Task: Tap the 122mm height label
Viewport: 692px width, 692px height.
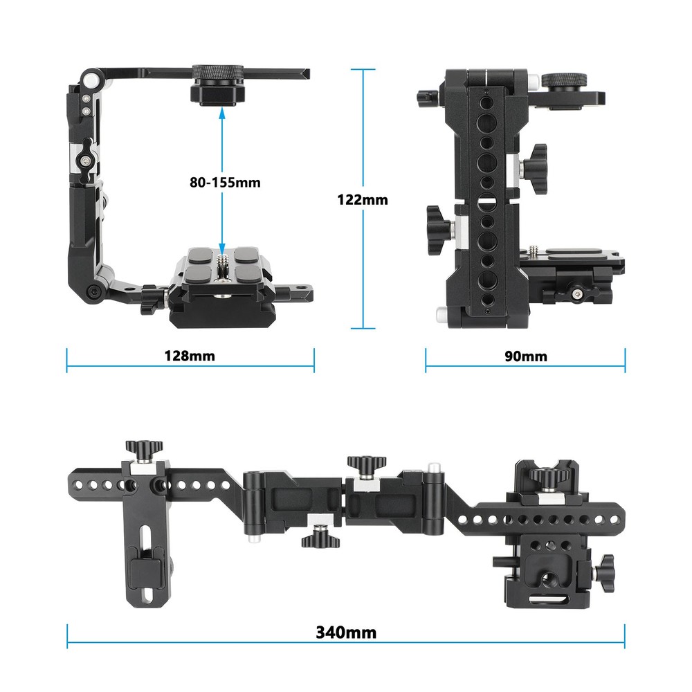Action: pyautogui.click(x=363, y=200)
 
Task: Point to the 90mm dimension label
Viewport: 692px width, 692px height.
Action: pyautogui.click(x=525, y=356)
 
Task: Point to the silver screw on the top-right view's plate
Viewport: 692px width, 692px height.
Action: pyautogui.click(x=536, y=248)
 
